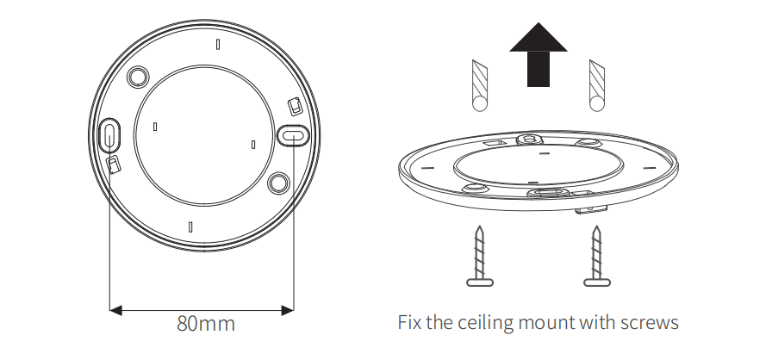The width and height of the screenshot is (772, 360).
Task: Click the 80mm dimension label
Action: (206, 324)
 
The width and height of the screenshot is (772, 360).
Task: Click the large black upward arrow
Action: (539, 54)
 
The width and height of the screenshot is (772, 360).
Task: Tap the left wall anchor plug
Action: (480, 85)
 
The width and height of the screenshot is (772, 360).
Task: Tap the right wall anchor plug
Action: (597, 85)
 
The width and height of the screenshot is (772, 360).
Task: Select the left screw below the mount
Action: (480, 257)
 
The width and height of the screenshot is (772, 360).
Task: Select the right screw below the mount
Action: (597, 257)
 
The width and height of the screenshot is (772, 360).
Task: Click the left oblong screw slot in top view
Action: (109, 133)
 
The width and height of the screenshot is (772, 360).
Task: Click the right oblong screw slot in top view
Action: (293, 135)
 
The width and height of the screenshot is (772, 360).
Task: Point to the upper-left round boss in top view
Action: (138, 77)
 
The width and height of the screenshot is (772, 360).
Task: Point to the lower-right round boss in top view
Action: (278, 183)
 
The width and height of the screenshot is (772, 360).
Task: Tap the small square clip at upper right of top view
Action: (295, 106)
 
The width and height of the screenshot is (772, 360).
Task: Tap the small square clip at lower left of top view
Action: (114, 164)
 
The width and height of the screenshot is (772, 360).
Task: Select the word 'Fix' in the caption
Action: (409, 323)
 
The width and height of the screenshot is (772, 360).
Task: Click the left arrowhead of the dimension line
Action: (115, 310)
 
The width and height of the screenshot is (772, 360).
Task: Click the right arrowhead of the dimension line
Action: (288, 310)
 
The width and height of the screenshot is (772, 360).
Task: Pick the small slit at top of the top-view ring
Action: (218, 45)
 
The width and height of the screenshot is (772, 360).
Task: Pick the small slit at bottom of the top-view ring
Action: (190, 227)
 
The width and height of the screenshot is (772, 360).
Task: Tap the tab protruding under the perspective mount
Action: (591, 209)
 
